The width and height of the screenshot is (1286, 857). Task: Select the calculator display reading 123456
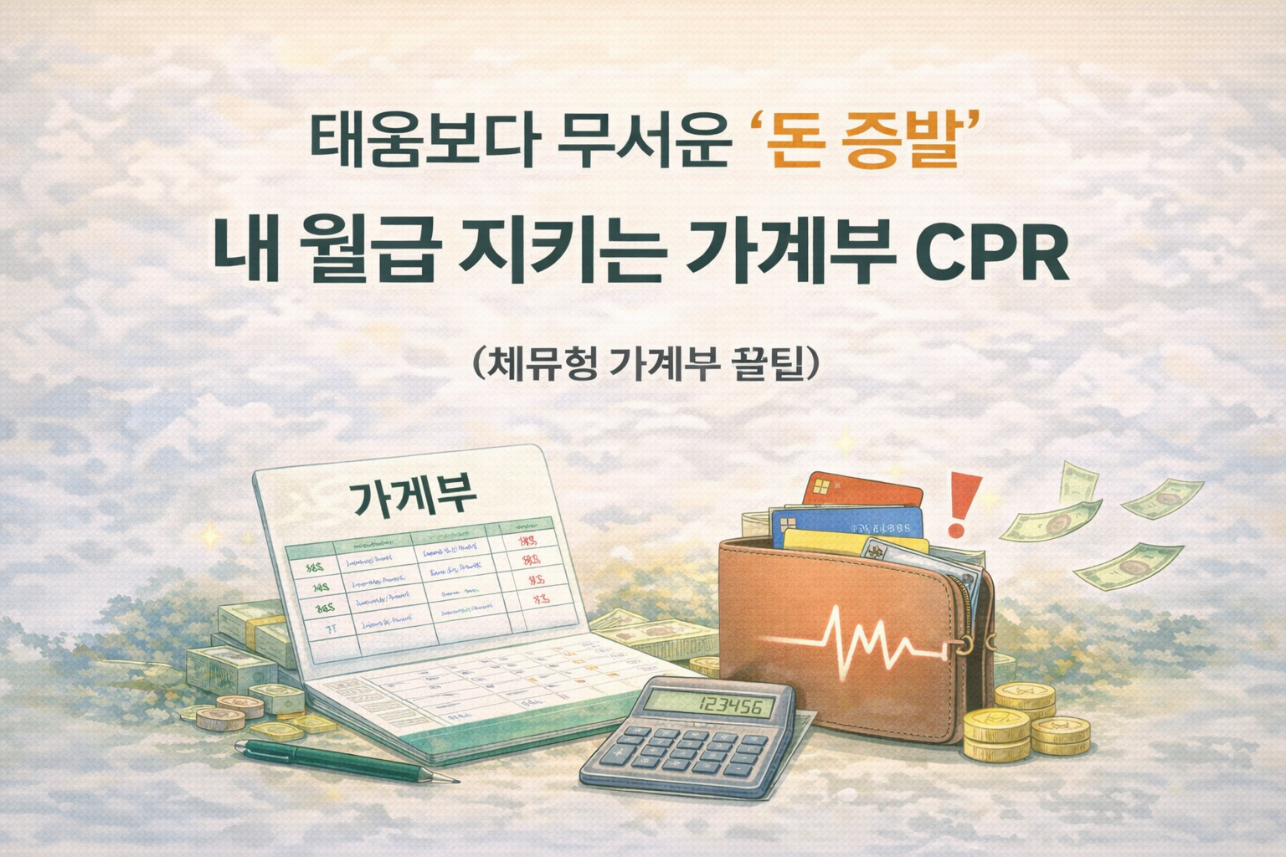[725, 707]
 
